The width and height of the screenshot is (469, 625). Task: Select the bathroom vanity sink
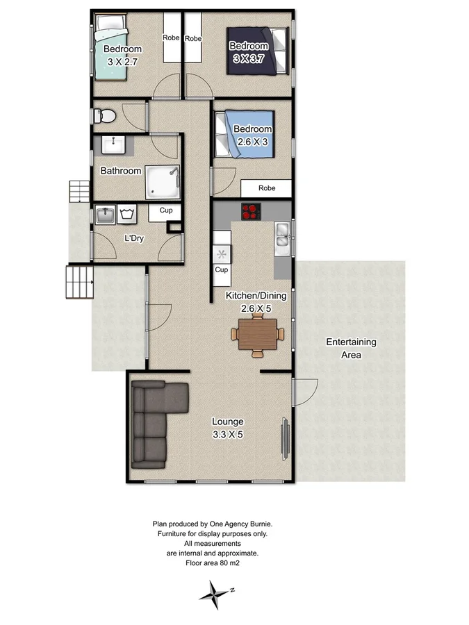[x=112, y=145]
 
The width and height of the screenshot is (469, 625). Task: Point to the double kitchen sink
[x=283, y=237]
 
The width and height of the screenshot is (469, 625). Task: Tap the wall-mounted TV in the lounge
[x=283, y=437]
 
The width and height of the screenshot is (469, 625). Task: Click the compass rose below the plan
[x=217, y=591]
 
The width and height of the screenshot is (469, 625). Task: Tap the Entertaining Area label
[x=351, y=348]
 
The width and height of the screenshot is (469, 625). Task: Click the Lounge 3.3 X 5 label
[x=227, y=428]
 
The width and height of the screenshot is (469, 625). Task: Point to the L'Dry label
[x=134, y=238]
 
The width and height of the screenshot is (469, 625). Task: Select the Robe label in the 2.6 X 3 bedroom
[x=267, y=187]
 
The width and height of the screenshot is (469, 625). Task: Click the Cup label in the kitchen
[x=222, y=269]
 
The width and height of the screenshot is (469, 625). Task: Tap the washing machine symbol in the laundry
[x=126, y=215]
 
